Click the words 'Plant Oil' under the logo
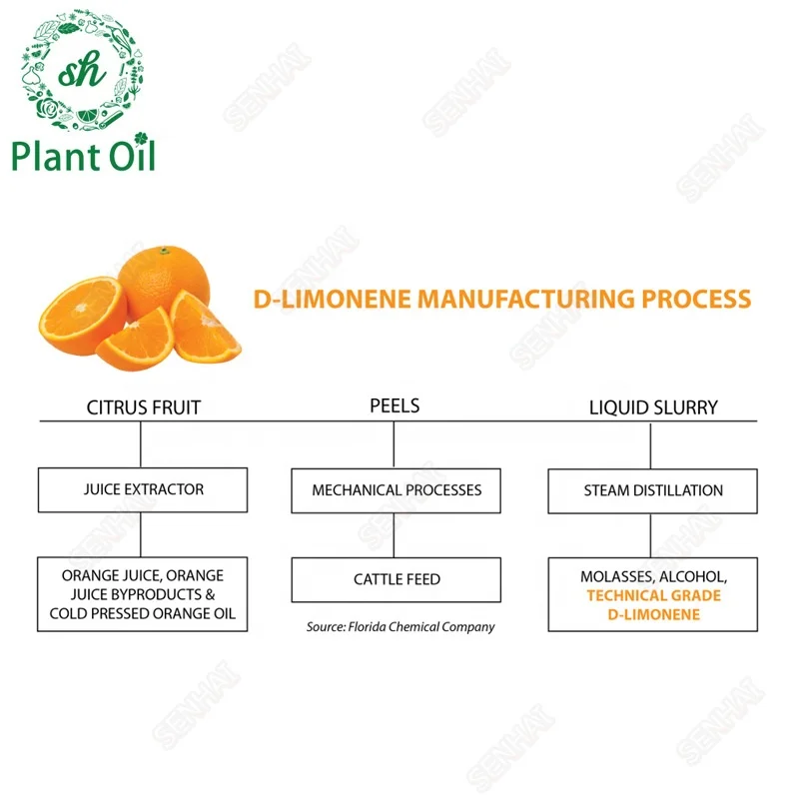click(x=84, y=156)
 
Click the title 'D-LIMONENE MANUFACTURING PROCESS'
click(x=501, y=299)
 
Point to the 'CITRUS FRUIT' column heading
click(x=143, y=407)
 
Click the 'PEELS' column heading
click(x=395, y=406)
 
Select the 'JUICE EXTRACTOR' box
click(x=143, y=490)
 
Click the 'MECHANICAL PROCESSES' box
click(x=397, y=490)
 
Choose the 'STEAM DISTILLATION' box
click(x=653, y=490)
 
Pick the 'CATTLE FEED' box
click(x=397, y=579)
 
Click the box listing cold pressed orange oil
click(x=143, y=594)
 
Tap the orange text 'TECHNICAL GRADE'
click(x=653, y=595)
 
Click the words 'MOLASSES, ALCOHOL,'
click(x=653, y=577)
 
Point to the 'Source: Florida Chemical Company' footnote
click(x=400, y=627)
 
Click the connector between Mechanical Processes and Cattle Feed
click(x=396, y=536)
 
